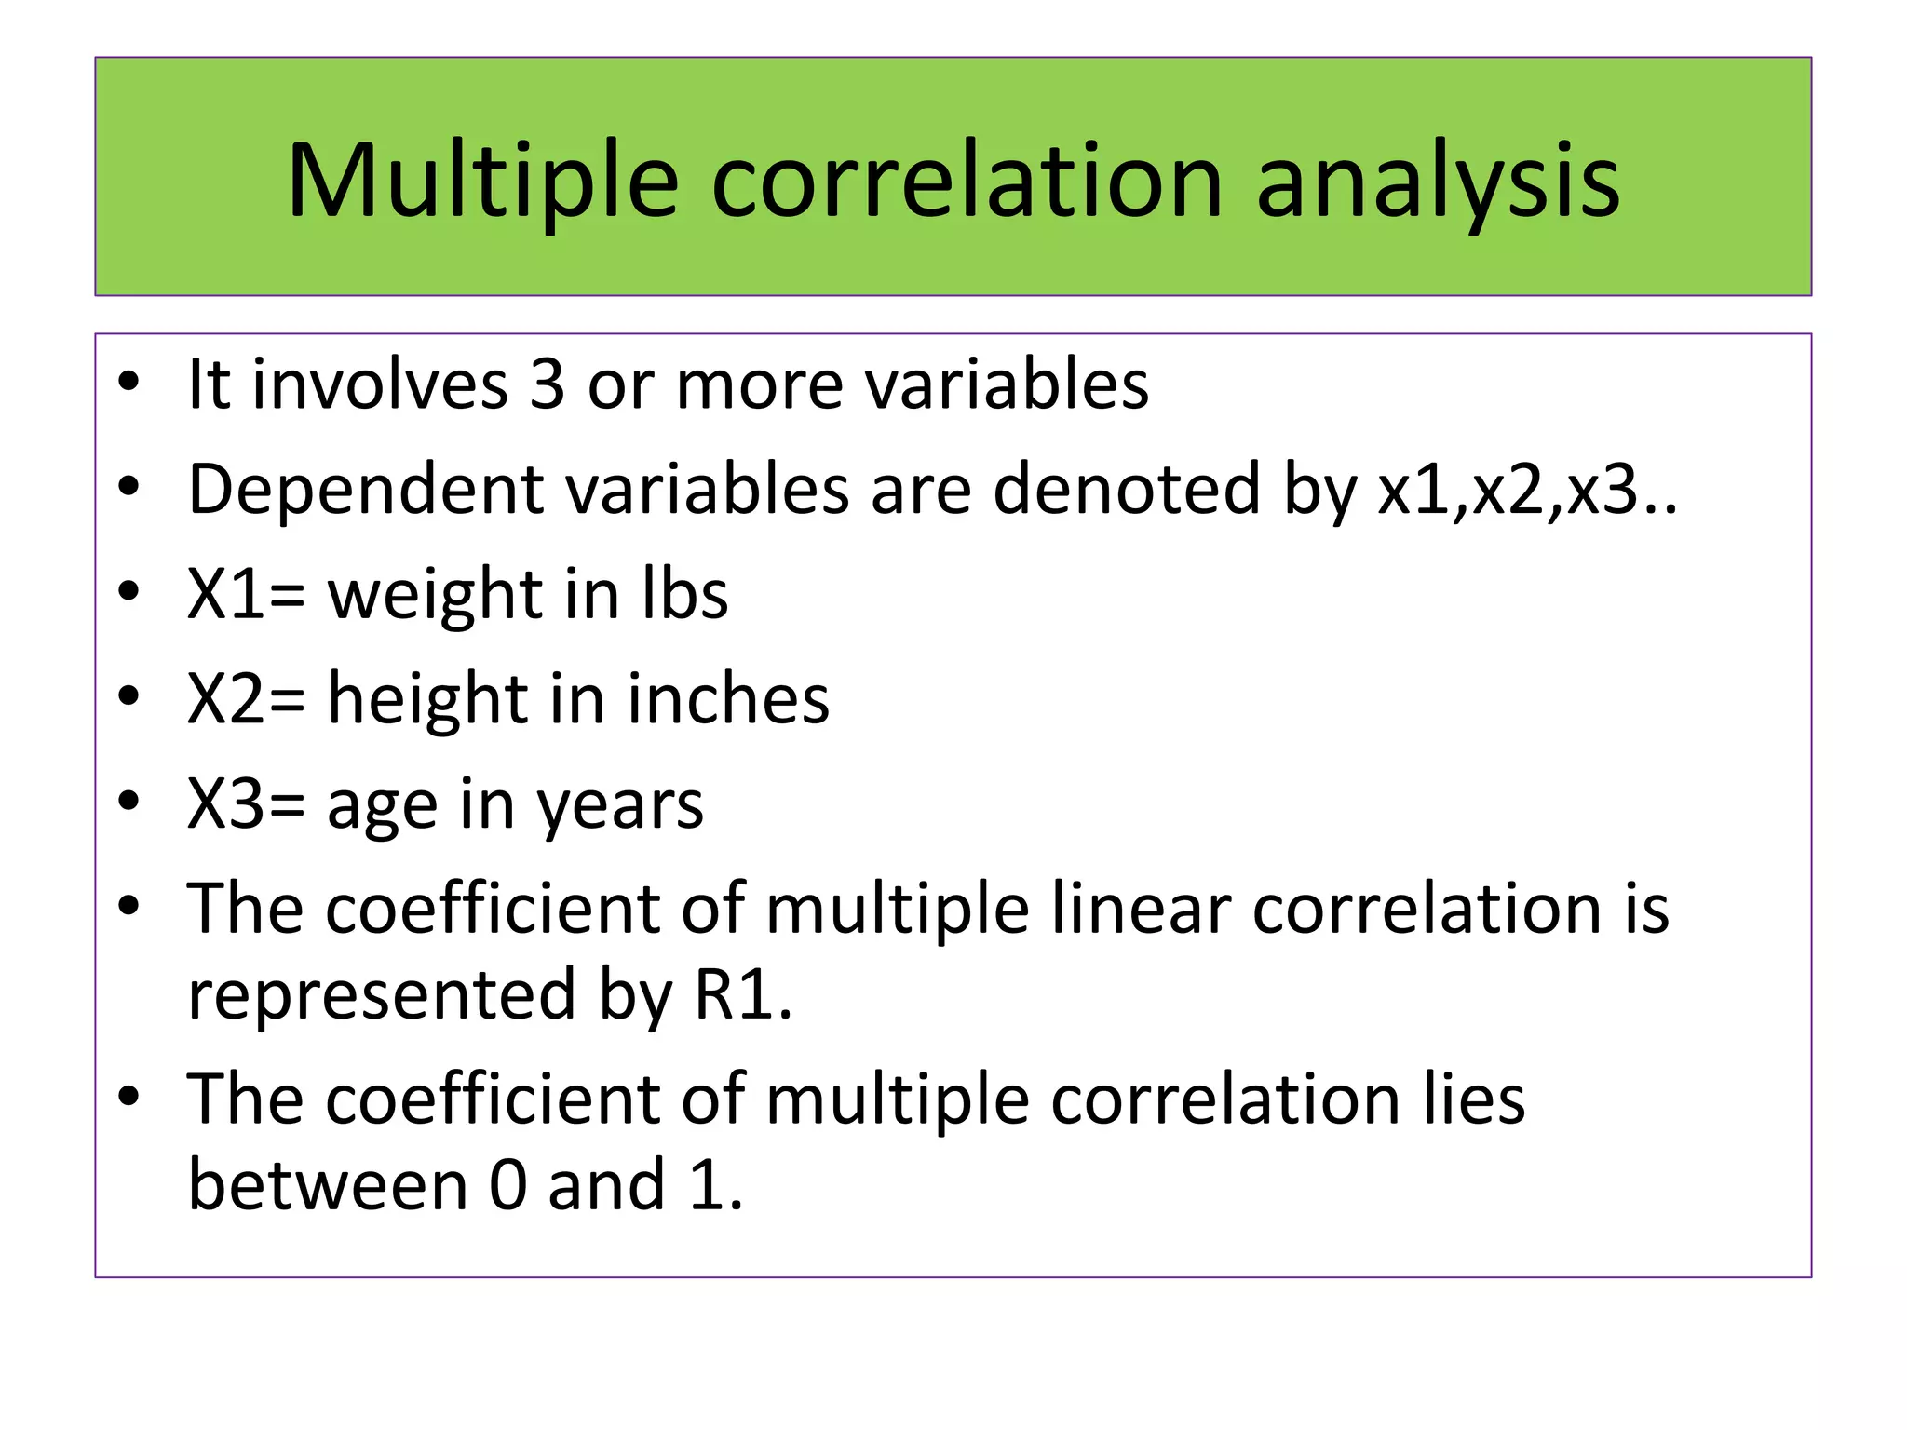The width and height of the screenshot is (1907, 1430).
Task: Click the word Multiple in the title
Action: [x=482, y=181]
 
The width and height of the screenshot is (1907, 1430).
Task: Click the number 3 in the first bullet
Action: [x=547, y=384]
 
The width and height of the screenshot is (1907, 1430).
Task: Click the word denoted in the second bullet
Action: [x=1126, y=489]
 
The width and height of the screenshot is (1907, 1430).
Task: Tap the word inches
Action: [x=727, y=698]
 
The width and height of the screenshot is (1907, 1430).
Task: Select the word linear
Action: [x=1141, y=908]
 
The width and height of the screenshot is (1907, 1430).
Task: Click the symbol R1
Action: [x=742, y=995]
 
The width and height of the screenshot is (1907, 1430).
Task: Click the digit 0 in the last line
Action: [x=508, y=1186]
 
